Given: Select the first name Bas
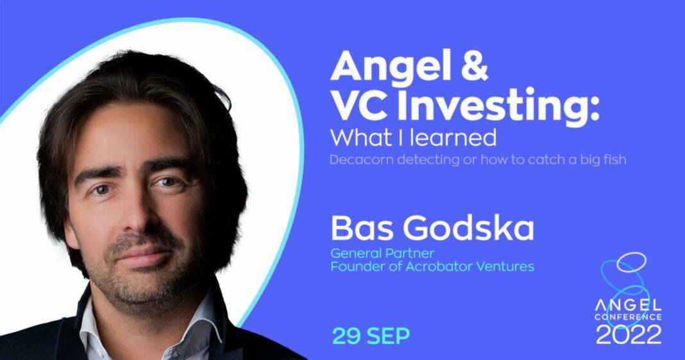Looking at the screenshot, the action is (x=355, y=228).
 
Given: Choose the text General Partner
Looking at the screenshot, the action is (x=382, y=253).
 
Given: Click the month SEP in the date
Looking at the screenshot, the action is (x=389, y=336).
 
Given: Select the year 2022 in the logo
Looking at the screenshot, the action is (x=629, y=334).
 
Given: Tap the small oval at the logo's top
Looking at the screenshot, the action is (x=631, y=261).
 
